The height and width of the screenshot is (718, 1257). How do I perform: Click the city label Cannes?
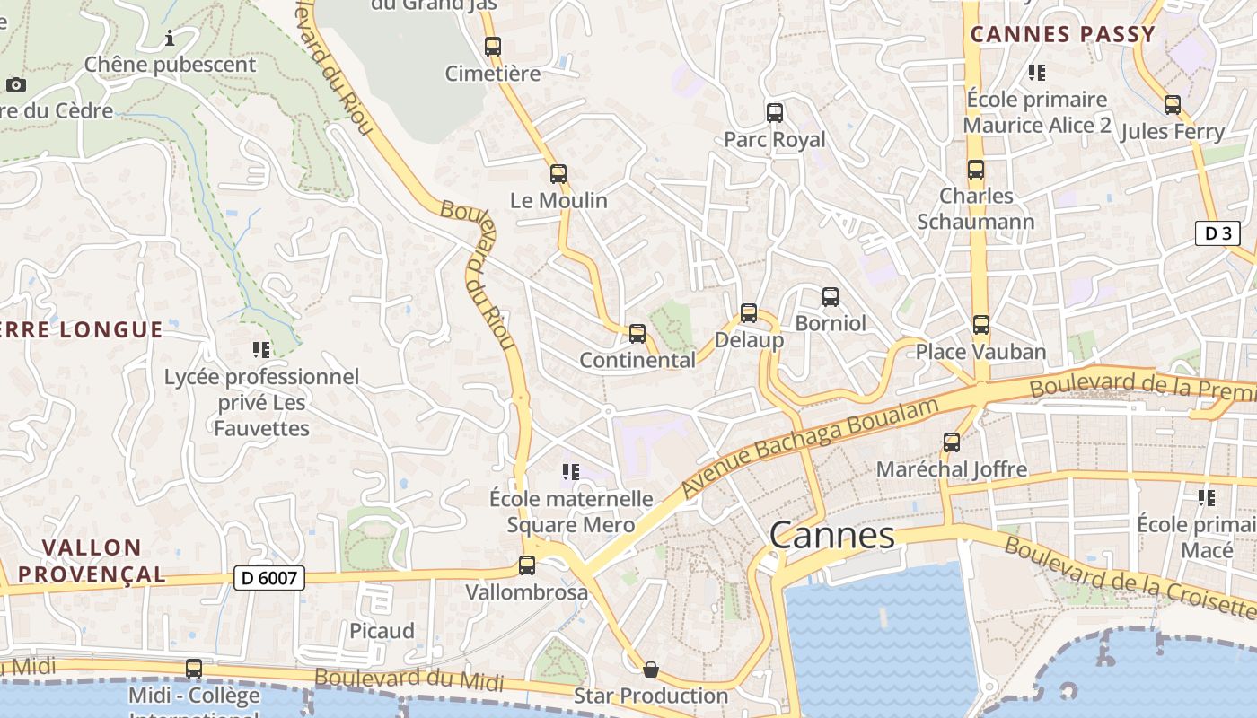click(832, 536)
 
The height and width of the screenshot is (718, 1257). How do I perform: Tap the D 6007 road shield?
click(269, 578)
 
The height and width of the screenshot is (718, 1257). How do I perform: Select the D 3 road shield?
click(1217, 233)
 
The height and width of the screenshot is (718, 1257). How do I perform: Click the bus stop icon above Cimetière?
click(492, 47)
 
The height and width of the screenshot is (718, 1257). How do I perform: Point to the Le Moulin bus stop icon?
click(558, 174)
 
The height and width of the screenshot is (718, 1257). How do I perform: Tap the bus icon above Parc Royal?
click(775, 113)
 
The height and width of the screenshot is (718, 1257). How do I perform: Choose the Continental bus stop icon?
click(637, 334)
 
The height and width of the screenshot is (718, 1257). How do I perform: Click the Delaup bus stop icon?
click(749, 313)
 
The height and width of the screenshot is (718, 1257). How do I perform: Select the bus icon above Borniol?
click(831, 296)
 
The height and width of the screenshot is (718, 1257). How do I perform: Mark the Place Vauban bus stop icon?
click(981, 324)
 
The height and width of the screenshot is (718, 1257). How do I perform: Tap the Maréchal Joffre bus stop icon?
click(952, 442)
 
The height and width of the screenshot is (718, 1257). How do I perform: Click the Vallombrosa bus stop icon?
click(527, 565)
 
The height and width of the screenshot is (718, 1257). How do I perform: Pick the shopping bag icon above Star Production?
click(651, 670)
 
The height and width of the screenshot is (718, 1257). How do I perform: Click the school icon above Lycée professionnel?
click(261, 349)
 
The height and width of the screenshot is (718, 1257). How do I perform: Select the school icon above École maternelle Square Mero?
click(570, 471)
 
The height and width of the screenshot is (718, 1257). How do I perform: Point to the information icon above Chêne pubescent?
click(170, 38)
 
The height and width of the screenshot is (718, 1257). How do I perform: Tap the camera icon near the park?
click(16, 85)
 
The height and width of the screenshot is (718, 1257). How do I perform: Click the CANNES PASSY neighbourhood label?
click(1063, 35)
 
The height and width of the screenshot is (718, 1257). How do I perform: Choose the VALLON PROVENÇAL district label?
click(92, 561)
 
